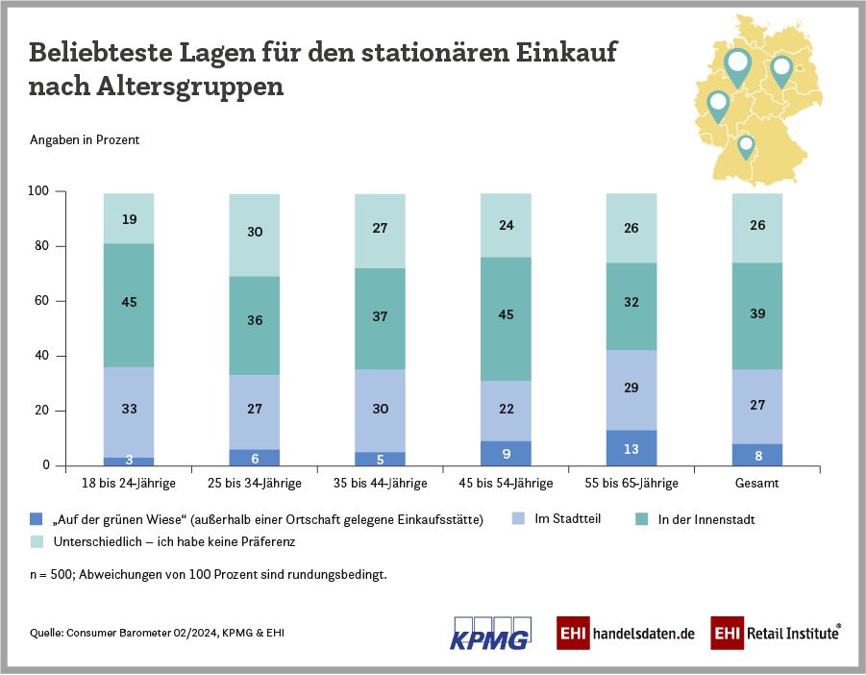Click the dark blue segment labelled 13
[x=631, y=447]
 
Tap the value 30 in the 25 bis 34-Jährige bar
[x=255, y=232]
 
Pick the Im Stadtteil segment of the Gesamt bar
[x=756, y=406]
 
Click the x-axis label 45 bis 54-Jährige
[x=505, y=483]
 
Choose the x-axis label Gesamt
[x=756, y=483]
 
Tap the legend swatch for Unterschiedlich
[x=36, y=541]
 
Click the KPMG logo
[x=489, y=633]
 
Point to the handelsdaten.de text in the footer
[x=643, y=635]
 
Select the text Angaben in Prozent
[x=85, y=140]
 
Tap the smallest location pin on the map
[x=745, y=147]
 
